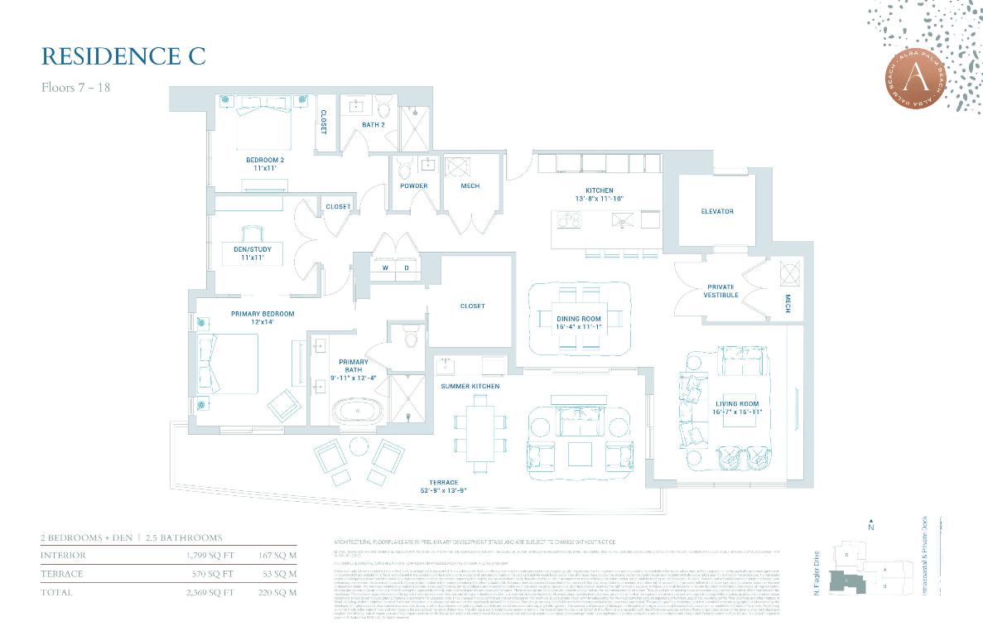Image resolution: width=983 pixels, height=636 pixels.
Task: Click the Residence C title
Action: (x=123, y=56)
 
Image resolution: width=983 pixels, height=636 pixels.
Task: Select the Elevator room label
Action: (x=716, y=211)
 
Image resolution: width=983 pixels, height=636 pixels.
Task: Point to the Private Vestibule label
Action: (x=720, y=291)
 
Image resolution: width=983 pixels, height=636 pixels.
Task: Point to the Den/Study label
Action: (x=252, y=253)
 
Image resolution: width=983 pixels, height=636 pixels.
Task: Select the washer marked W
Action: (x=384, y=268)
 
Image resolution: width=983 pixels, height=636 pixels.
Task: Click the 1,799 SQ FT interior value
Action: (x=211, y=555)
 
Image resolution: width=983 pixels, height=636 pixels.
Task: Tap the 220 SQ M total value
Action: (x=277, y=592)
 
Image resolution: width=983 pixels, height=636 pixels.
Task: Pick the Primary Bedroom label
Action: (x=263, y=318)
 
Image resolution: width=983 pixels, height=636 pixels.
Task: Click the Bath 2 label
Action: (x=373, y=125)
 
